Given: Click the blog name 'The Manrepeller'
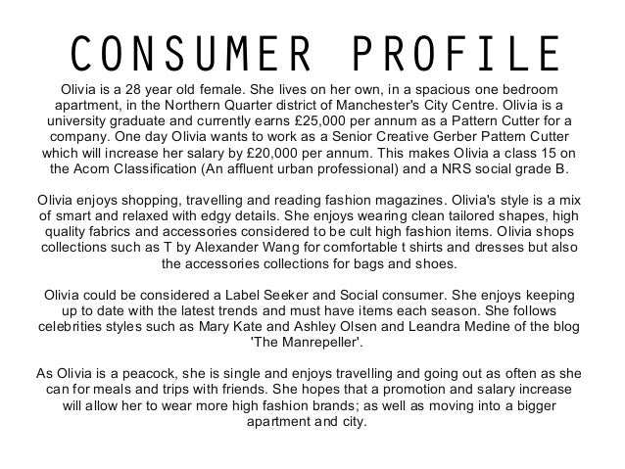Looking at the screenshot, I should pyautogui.click(x=312, y=343).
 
